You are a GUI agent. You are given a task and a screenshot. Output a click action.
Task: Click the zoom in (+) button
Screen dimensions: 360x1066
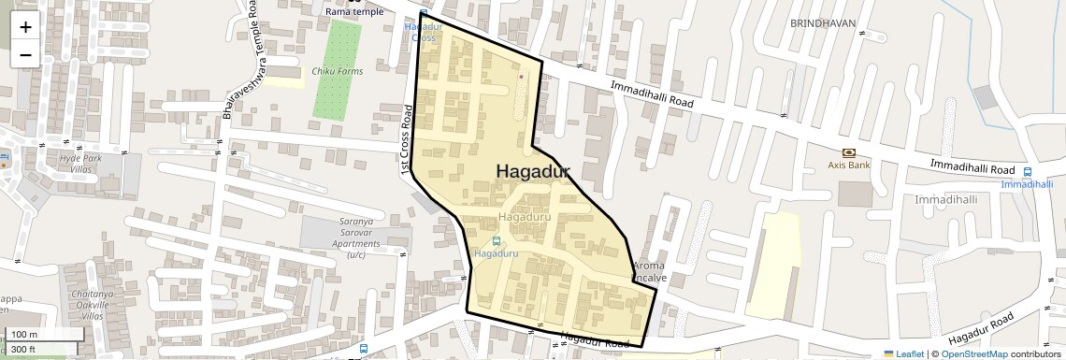[25, 26]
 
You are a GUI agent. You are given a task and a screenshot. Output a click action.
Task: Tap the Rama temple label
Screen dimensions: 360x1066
[354, 11]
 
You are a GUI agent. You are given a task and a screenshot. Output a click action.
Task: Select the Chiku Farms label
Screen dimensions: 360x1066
[337, 71]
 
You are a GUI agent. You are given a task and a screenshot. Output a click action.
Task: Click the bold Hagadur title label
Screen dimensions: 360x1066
[532, 172]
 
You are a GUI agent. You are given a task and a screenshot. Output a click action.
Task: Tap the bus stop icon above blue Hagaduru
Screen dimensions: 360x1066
[496, 241]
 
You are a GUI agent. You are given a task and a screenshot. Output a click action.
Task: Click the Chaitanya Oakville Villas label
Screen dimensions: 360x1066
[92, 305]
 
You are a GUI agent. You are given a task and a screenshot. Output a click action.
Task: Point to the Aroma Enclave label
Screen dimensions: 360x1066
[649, 272]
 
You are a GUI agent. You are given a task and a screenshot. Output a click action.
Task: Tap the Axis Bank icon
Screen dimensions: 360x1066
[848, 151]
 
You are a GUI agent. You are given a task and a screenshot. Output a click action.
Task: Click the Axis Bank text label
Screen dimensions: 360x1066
[848, 165]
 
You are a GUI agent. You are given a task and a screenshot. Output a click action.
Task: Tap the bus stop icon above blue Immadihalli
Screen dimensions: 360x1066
[1027, 172]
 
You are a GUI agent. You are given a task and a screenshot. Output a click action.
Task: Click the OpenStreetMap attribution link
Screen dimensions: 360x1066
[973, 353]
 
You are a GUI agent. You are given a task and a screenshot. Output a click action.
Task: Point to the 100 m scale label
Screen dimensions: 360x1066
[25, 335]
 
